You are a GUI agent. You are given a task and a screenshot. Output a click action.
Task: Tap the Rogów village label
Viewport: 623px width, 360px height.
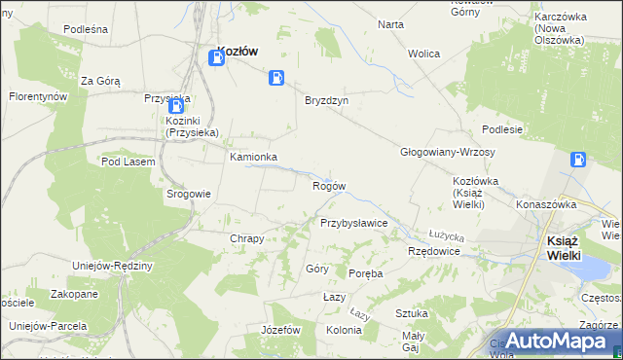click(328, 186)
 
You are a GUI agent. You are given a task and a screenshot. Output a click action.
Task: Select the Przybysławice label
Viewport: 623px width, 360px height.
click(354, 223)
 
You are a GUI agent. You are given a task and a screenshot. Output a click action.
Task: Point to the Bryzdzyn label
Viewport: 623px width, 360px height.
click(326, 100)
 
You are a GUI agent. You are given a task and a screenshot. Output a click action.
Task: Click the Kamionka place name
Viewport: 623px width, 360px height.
click(253, 157)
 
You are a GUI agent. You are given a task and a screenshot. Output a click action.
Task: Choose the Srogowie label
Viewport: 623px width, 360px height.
click(189, 194)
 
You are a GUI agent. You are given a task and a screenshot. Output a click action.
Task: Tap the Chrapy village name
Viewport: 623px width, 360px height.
click(246, 238)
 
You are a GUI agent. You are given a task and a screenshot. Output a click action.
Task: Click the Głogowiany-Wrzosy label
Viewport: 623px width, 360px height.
click(448, 153)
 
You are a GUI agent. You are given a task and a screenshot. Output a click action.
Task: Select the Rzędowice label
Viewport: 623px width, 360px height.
click(433, 251)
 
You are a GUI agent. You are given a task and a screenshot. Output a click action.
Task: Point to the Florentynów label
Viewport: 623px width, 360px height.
click(38, 97)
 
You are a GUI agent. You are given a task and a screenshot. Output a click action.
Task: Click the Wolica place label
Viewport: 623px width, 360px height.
click(424, 54)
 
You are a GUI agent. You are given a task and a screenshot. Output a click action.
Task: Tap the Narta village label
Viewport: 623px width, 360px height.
click(390, 24)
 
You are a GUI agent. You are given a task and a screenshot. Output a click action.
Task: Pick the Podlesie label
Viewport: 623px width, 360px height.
click(502, 129)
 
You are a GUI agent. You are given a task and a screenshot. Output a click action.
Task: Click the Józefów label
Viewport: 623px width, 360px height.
click(279, 330)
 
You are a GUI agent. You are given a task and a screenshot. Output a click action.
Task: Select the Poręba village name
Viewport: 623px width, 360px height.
click(366, 273)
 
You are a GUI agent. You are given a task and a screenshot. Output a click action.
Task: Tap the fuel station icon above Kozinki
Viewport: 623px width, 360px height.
click(176, 106)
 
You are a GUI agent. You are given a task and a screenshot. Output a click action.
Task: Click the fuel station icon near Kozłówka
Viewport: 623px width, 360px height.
click(578, 160)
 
